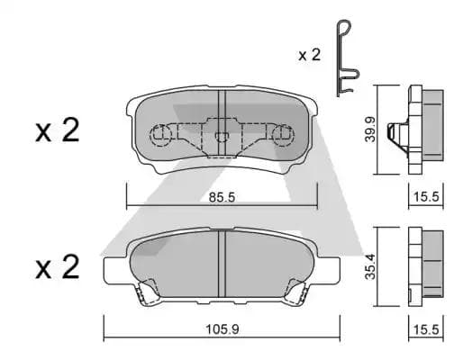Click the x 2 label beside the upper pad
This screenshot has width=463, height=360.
pyautogui.click(x=58, y=131)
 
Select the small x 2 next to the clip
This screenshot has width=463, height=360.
pyautogui.click(x=309, y=55)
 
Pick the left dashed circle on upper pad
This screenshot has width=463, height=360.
pyautogui.click(x=159, y=136)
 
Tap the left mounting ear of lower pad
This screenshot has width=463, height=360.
pyautogui.click(x=115, y=267)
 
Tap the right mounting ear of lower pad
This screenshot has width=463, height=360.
pyautogui.click(x=329, y=267)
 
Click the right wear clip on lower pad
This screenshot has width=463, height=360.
pyautogui.click(x=298, y=291)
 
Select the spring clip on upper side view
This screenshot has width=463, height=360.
pyautogui.click(x=396, y=133)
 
